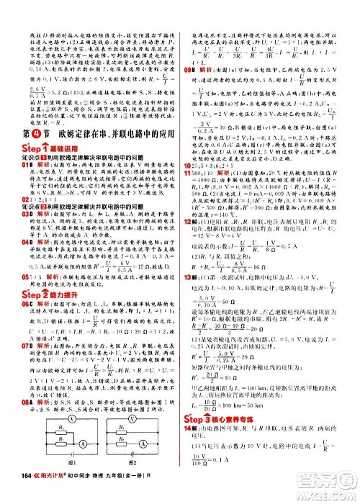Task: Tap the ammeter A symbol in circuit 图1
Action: click(x=85, y=447)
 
